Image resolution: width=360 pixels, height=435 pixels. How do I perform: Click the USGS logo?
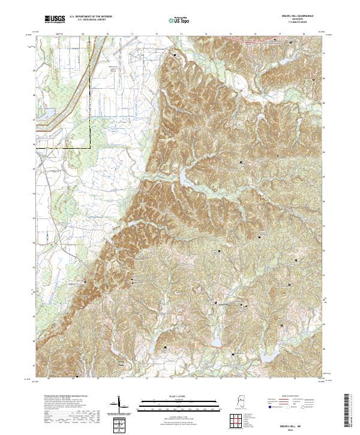[54, 20]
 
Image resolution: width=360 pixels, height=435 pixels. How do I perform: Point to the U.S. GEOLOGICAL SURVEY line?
[86, 22]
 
